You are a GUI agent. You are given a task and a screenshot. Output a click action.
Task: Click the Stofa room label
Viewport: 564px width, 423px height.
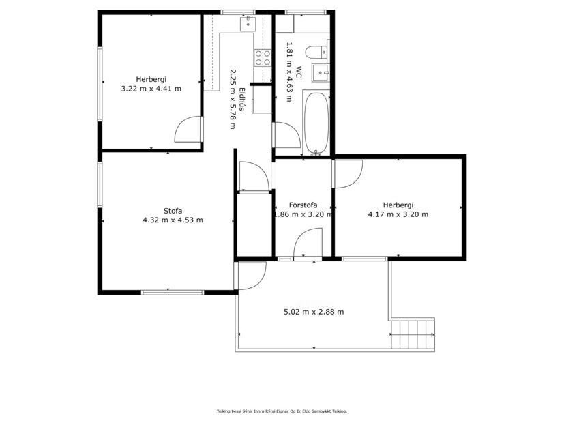pos(173,210)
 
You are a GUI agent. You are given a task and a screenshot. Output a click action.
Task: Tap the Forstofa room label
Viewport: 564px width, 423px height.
pos(302,205)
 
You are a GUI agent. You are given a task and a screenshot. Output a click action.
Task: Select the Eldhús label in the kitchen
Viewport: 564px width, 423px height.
pos(241,108)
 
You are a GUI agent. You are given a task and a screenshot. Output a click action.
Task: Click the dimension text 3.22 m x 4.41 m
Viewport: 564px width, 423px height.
pos(151,89)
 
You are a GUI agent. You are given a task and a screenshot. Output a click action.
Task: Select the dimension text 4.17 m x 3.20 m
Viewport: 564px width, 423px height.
pos(398,214)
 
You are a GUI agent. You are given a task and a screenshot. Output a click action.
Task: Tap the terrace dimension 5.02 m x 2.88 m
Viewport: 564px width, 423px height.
pos(313,312)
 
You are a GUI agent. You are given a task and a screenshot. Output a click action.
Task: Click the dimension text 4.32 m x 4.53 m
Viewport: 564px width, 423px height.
pos(173,220)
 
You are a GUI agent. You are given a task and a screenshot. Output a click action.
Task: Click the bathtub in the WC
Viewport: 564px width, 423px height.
pos(316,123)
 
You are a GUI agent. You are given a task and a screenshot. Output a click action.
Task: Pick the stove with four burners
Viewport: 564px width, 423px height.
pos(263,58)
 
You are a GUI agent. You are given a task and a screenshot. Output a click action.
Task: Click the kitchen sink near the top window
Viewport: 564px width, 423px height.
pos(247,24)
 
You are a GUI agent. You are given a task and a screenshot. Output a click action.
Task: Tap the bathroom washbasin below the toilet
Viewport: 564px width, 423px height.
pos(320,72)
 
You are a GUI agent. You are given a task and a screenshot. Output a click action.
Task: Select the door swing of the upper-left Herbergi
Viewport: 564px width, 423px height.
pos(188,130)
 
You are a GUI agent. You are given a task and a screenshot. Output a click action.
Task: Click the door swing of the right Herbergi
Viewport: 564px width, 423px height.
pos(348,173)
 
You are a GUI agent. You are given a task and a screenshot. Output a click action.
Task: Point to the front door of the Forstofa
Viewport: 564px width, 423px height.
pos(308,244)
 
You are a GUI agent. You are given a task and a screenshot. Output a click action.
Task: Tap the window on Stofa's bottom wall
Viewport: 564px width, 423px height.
pos(173,292)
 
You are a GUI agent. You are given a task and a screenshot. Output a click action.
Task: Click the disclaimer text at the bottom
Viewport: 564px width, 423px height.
pos(282,411)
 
